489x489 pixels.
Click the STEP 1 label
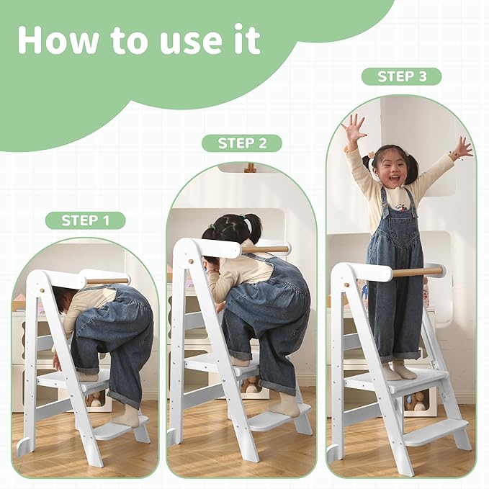coord(85,220)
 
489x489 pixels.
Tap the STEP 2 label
coord(241,143)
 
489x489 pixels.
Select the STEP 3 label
coord(400,76)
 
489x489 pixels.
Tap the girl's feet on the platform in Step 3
coord(398,372)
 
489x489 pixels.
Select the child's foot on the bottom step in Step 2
coord(284,408)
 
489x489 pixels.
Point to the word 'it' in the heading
coord(243,40)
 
